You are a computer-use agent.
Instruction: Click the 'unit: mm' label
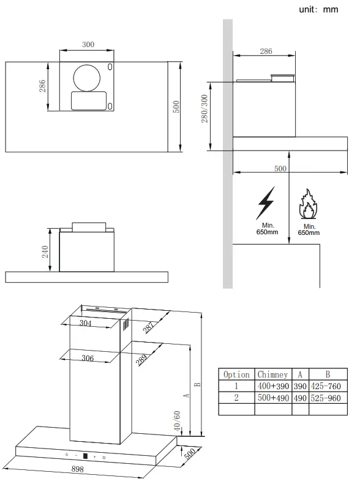[x=318, y=10]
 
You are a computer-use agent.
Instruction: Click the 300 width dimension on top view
[x=88, y=45]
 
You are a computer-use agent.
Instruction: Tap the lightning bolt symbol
[x=266, y=204]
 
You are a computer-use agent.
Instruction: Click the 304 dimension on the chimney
[x=86, y=324]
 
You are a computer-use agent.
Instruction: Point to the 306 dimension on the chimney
[x=87, y=358]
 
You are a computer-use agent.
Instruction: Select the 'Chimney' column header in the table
[x=272, y=374]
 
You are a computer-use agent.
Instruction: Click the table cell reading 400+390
[x=272, y=386]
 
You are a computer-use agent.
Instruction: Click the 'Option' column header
[x=236, y=374]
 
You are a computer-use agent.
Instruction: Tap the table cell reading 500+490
[x=272, y=398]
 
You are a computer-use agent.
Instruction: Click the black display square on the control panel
[x=85, y=456]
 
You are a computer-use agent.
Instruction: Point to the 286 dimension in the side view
[x=266, y=51]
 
